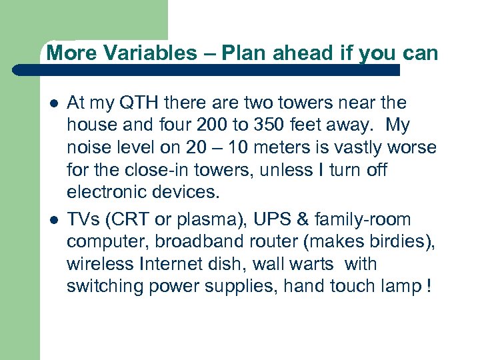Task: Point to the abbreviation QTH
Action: click(137, 103)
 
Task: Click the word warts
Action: click(313, 265)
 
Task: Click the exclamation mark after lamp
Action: click(427, 287)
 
